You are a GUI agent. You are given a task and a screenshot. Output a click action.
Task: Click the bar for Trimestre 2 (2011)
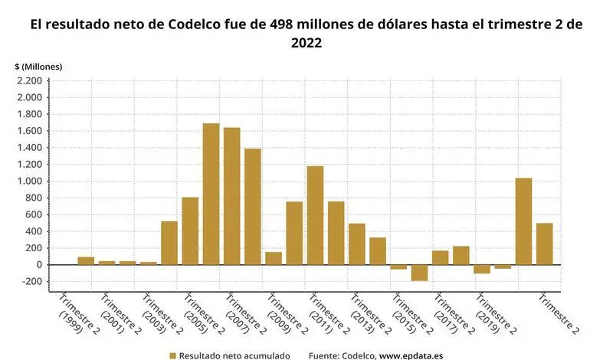pos(315,215)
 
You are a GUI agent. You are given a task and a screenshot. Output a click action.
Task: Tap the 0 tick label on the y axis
pos(38,265)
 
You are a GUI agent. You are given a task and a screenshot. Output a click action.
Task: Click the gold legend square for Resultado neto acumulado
pos(172,355)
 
